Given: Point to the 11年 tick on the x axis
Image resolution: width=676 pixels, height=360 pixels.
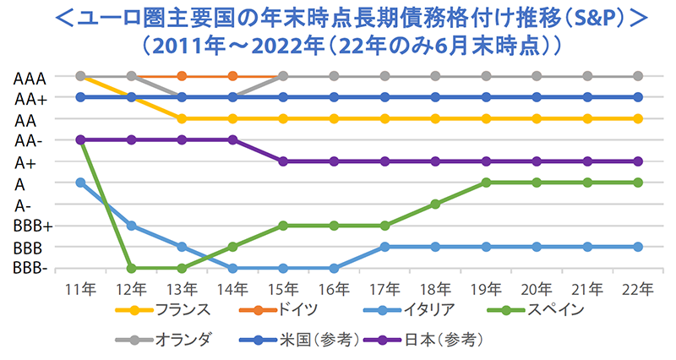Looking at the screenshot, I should click(x=80, y=288).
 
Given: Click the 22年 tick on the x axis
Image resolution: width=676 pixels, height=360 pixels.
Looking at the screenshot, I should click(x=638, y=288).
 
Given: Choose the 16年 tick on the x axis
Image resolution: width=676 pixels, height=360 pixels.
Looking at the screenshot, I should click(x=334, y=288).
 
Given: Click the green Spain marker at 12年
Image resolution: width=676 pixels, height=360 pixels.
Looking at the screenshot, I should click(x=131, y=268).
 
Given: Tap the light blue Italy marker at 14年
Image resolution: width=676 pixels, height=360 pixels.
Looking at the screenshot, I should click(x=232, y=268).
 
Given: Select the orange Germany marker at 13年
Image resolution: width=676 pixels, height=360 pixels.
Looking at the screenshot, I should click(x=182, y=76).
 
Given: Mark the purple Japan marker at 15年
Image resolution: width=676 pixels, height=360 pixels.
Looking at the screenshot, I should click(x=283, y=161).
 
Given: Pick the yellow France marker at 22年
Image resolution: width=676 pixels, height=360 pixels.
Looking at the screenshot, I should click(x=638, y=118).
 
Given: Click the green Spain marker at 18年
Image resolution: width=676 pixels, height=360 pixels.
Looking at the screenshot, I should click(x=435, y=204).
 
